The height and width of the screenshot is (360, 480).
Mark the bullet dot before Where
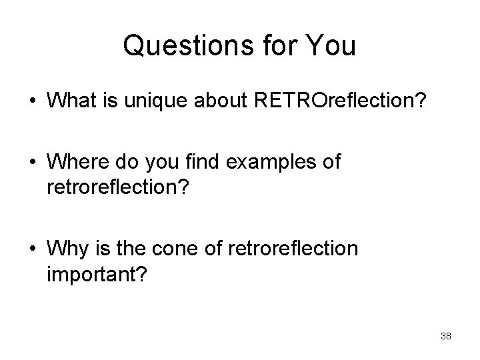click(x=31, y=163)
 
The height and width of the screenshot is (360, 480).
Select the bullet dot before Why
click(x=31, y=250)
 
